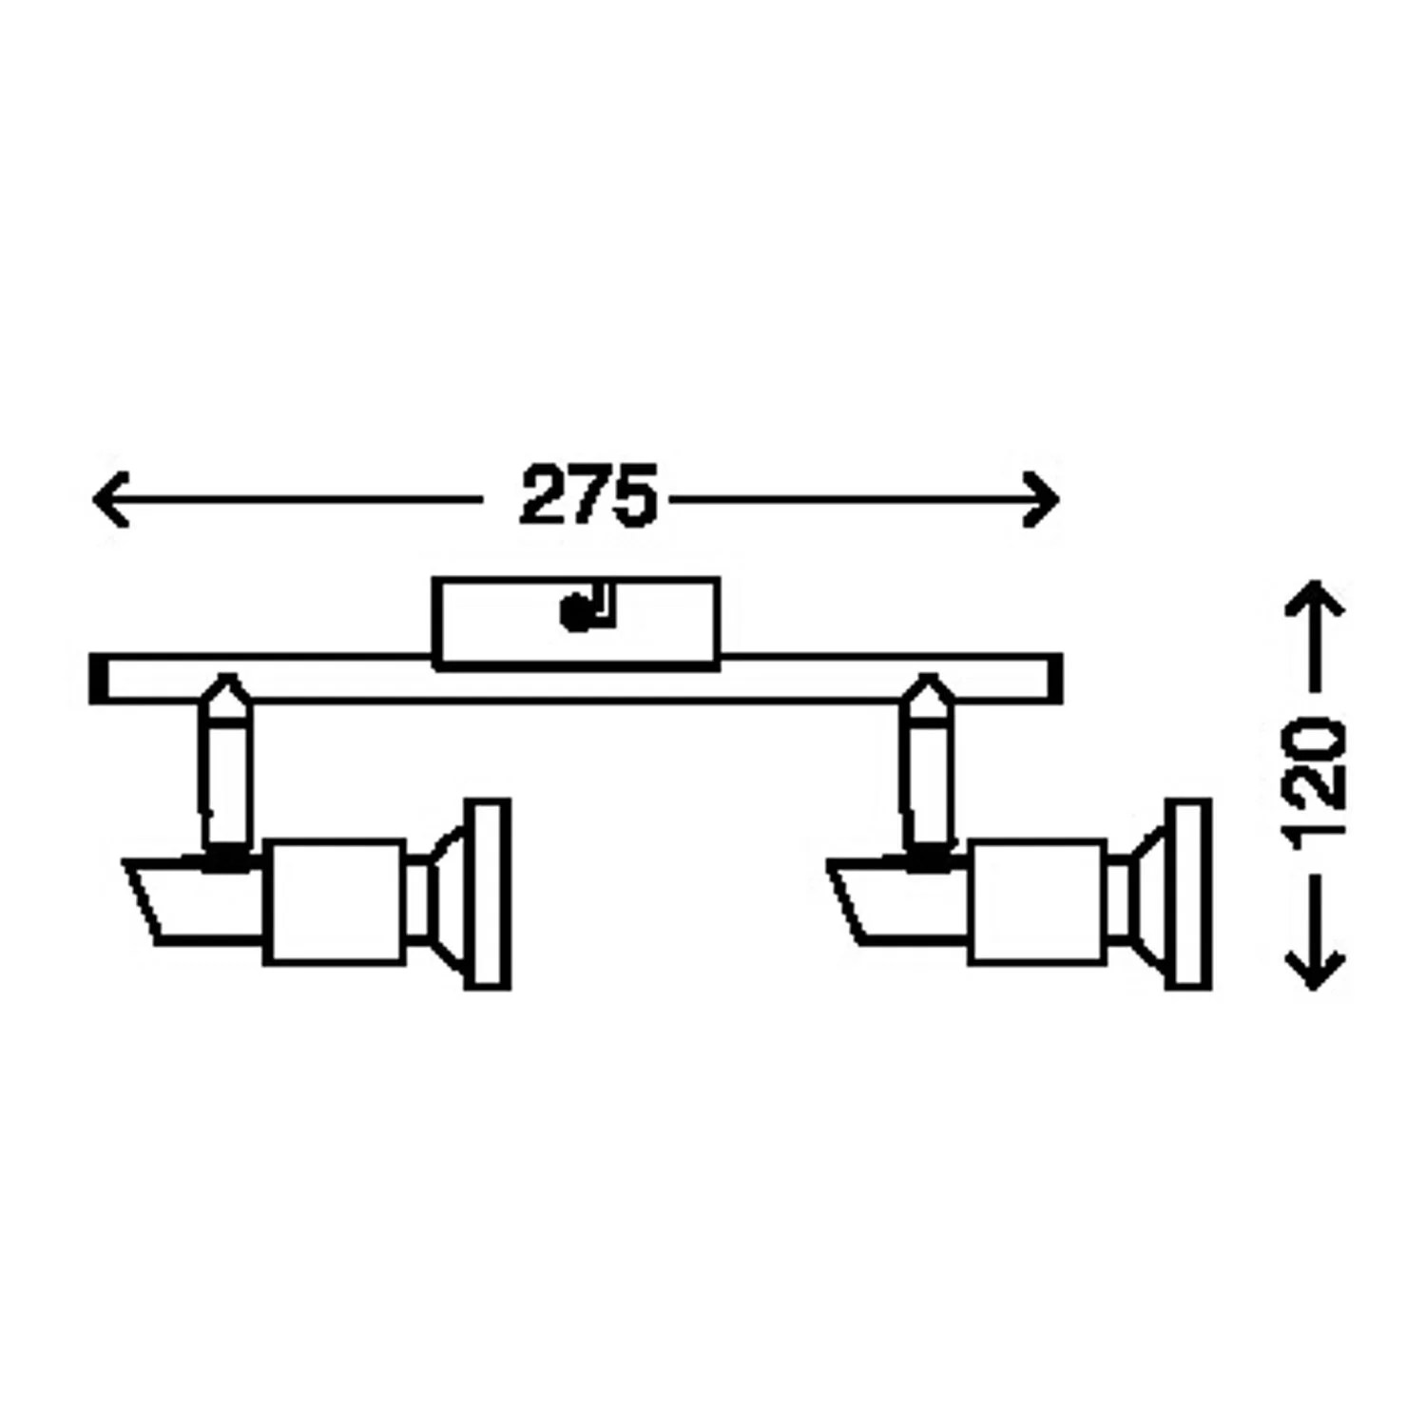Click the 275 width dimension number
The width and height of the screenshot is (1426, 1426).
pos(588,495)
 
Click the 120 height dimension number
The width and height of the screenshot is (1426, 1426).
pos(1315,780)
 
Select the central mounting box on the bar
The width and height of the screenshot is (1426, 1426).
pos(576,623)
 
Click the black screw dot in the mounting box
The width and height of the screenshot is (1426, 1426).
pos(574,614)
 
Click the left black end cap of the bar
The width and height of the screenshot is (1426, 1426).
pos(97,679)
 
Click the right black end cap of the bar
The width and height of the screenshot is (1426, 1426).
pos(1054,679)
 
